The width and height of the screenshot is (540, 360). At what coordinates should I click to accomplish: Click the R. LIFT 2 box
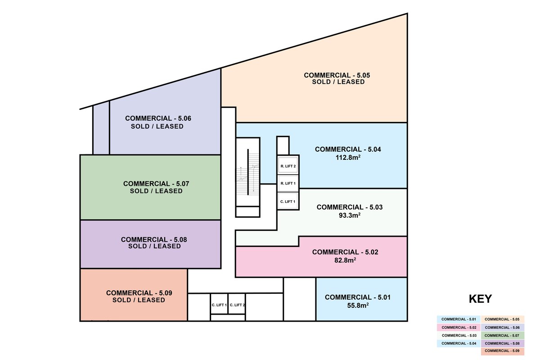288,166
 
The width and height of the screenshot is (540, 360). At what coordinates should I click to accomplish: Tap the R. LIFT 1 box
288,183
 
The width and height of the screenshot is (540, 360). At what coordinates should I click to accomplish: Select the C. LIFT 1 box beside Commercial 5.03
288,201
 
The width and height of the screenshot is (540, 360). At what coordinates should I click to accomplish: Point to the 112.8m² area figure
348,157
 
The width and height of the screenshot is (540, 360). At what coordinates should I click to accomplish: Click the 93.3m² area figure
350,215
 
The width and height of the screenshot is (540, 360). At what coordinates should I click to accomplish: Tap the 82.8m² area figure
345,260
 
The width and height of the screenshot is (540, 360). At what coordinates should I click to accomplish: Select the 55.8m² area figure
358,305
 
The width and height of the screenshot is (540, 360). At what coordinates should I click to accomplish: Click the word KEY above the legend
480,299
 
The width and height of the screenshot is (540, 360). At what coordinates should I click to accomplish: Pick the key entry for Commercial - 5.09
502,351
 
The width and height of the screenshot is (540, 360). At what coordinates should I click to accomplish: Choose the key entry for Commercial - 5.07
502,335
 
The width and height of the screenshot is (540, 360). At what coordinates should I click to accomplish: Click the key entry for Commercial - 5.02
459,328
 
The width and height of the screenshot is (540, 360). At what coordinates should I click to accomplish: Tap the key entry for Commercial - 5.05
502,319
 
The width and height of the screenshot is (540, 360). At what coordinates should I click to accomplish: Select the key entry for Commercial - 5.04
459,343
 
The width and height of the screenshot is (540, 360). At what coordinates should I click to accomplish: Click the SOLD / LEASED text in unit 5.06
157,126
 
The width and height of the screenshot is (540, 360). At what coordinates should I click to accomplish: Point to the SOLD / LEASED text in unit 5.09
139,300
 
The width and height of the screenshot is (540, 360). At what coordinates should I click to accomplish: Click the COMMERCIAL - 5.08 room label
154,239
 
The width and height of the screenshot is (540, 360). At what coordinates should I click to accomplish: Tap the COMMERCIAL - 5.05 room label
337,75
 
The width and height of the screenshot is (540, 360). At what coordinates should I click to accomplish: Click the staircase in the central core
247,172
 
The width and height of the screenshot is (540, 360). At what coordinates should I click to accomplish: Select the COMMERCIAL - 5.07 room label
156,184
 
